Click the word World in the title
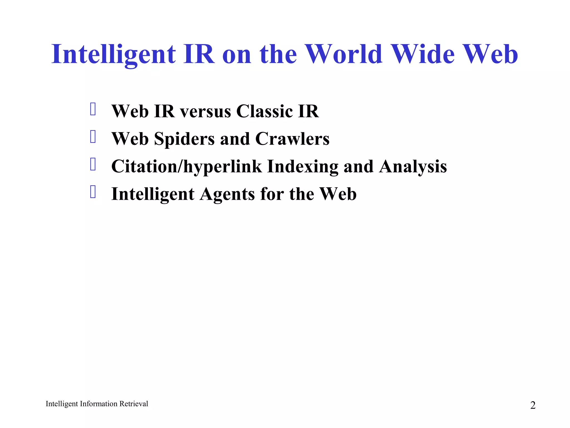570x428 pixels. [344, 54]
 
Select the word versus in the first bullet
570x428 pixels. [205, 111]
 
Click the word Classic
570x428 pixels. [264, 111]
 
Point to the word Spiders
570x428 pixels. [184, 139]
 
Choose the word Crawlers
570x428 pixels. [292, 139]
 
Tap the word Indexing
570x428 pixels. [303, 167]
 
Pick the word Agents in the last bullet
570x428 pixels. [227, 194]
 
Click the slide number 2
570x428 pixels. [533, 405]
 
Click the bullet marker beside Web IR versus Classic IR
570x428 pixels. [93, 109]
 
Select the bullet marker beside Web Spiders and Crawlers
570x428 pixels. [93, 137]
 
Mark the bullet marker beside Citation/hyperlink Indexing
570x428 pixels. [93, 164]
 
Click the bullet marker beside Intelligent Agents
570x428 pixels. [93, 192]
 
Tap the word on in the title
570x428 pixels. [237, 55]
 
